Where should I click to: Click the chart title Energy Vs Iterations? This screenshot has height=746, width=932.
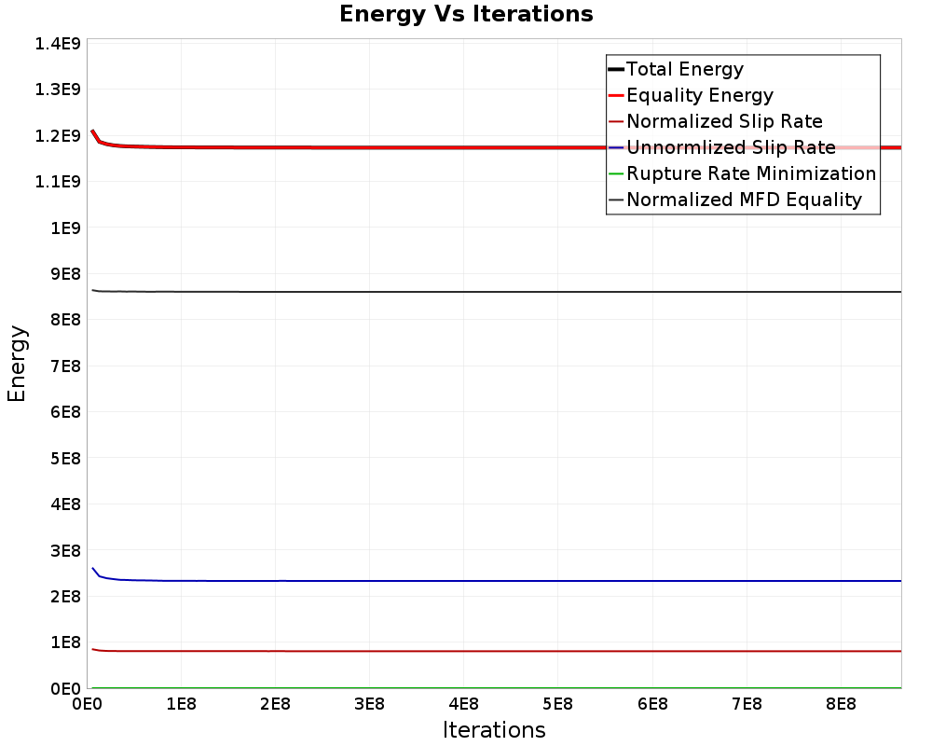(466, 14)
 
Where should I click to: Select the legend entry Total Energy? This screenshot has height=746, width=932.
(676, 69)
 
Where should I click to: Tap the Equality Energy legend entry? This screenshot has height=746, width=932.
(692, 95)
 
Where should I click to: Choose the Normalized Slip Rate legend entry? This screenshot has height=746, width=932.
(716, 121)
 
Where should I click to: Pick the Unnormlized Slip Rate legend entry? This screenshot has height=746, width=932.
(722, 147)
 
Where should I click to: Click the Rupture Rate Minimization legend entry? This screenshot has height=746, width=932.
(743, 173)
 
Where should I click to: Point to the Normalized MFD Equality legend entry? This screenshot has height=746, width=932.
(735, 200)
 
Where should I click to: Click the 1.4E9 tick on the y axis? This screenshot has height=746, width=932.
(58, 44)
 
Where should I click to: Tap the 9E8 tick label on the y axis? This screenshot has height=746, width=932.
(65, 274)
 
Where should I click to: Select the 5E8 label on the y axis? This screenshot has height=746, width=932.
(65, 459)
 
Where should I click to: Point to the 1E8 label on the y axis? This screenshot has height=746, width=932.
(65, 642)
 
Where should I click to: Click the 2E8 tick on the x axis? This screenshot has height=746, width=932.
(275, 704)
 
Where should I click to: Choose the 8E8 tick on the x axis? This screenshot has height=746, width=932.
(841, 704)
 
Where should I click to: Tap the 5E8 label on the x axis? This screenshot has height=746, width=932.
(557, 704)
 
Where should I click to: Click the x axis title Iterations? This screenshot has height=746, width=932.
(494, 730)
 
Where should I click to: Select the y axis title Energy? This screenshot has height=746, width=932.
(17, 364)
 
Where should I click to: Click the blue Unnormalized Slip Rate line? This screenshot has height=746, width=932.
(497, 581)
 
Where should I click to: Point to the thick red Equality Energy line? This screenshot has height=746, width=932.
(497, 147)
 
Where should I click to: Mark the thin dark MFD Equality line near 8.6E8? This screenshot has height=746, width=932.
(497, 292)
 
